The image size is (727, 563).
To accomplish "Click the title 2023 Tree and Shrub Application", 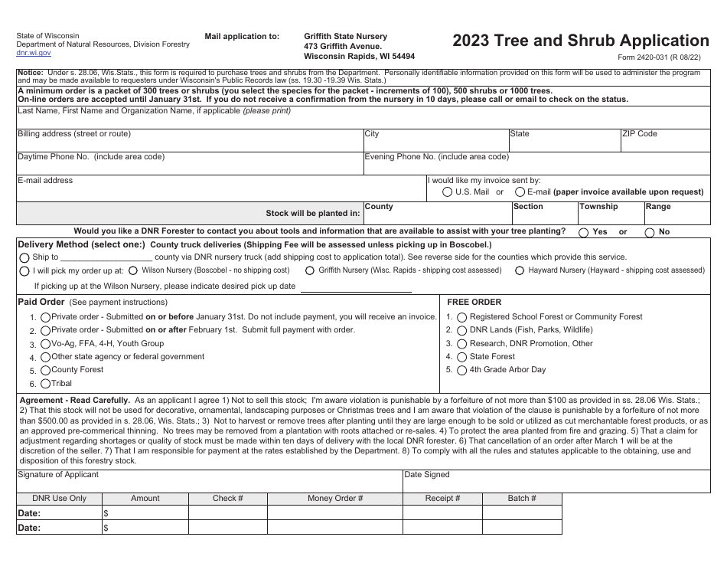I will [580, 41].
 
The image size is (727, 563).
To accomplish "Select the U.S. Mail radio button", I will [448, 192].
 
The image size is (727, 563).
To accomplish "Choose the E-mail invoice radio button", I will [520, 192].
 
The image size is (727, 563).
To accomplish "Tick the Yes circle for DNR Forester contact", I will [584, 232].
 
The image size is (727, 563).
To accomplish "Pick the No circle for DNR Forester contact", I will [650, 232].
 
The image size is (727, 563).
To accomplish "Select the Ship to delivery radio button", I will [25, 258].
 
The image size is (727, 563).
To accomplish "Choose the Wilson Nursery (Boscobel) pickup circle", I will [134, 270].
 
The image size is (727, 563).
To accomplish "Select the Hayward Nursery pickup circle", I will [520, 270].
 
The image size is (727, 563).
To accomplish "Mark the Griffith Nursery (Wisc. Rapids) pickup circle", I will [310, 270].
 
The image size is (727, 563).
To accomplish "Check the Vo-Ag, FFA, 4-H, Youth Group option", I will [46, 344].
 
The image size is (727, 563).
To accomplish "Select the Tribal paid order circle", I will [46, 384].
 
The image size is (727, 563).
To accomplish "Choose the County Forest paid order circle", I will [46, 370].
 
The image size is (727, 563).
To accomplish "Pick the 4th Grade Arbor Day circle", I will [461, 371].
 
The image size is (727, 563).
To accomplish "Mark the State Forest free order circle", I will [461, 357].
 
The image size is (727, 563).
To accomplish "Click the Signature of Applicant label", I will [58, 475].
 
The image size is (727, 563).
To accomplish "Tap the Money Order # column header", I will [335, 499].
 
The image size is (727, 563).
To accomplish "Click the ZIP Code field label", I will [640, 134].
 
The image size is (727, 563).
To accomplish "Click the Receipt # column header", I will [442, 499].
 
